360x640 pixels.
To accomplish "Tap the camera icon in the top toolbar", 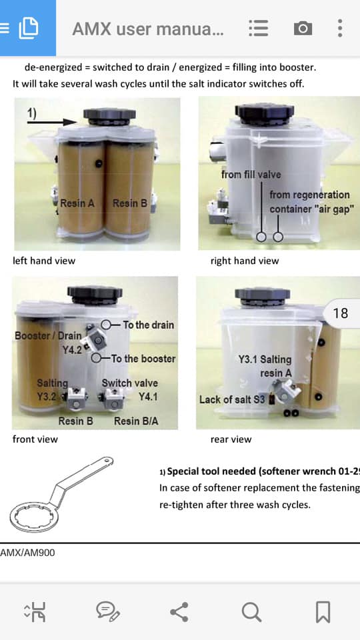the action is pyautogui.click(x=303, y=29).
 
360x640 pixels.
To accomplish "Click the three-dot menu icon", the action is pyautogui.click(x=339, y=29).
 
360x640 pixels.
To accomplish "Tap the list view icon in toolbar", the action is pyautogui.click(x=259, y=29).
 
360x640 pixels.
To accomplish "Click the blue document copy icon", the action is pyautogui.click(x=29, y=28).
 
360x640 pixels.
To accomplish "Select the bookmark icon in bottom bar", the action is pyautogui.click(x=323, y=612).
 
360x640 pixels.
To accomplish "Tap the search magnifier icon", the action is pyautogui.click(x=251, y=612).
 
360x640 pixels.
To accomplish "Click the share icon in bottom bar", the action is pyautogui.click(x=179, y=612).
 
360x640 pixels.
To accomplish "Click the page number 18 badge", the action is pyautogui.click(x=341, y=313).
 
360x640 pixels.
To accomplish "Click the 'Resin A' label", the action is pyautogui.click(x=77, y=203).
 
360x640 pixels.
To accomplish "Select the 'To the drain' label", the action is pyautogui.click(x=148, y=325).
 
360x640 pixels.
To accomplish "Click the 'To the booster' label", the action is pyautogui.click(x=143, y=359).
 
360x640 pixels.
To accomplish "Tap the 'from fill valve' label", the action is pyautogui.click(x=251, y=174).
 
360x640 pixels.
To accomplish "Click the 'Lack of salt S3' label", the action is pyautogui.click(x=232, y=399).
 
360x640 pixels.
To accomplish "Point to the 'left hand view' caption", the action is pyautogui.click(x=44, y=261).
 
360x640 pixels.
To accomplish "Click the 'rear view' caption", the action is pyautogui.click(x=231, y=439).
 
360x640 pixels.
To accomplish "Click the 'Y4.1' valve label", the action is pyautogui.click(x=147, y=396).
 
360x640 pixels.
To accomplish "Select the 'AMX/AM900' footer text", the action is pyautogui.click(x=27, y=553).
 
